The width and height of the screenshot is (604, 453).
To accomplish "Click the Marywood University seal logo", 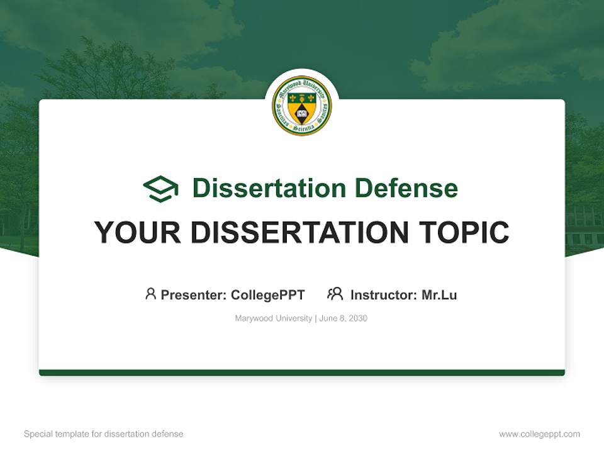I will [x=301, y=105].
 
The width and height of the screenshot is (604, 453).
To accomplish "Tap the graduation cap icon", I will [x=160, y=188].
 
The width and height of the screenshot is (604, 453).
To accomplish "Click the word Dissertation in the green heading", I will [x=269, y=188].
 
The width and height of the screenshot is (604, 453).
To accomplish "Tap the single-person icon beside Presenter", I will [x=150, y=294].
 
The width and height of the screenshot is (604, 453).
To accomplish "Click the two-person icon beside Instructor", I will [x=335, y=294].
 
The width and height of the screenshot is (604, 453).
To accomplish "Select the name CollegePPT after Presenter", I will [x=268, y=294].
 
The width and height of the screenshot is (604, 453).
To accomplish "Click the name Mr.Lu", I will [x=439, y=294].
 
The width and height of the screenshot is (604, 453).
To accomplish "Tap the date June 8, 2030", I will [x=343, y=318].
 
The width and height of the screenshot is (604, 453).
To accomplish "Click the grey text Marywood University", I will [x=273, y=318].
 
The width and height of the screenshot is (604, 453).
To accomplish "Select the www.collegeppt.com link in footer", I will [x=539, y=434].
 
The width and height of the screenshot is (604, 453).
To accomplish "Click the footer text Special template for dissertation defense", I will [x=103, y=434].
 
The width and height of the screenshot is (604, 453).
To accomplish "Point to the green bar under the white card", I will [x=301, y=372].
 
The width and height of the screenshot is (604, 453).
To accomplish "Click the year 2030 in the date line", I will [x=357, y=318].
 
